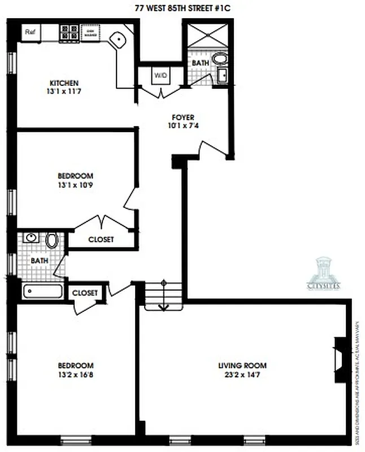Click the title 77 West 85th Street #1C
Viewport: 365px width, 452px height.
(182, 7)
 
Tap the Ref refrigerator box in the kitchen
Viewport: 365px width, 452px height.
(30, 32)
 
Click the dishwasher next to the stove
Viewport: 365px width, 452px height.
(90, 32)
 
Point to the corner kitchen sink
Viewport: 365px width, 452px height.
(119, 40)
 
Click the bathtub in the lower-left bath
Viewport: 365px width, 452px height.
(43, 292)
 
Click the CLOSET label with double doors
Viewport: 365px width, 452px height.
(101, 240)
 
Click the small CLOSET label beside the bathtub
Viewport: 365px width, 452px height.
(85, 293)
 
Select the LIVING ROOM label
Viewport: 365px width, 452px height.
(242, 365)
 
